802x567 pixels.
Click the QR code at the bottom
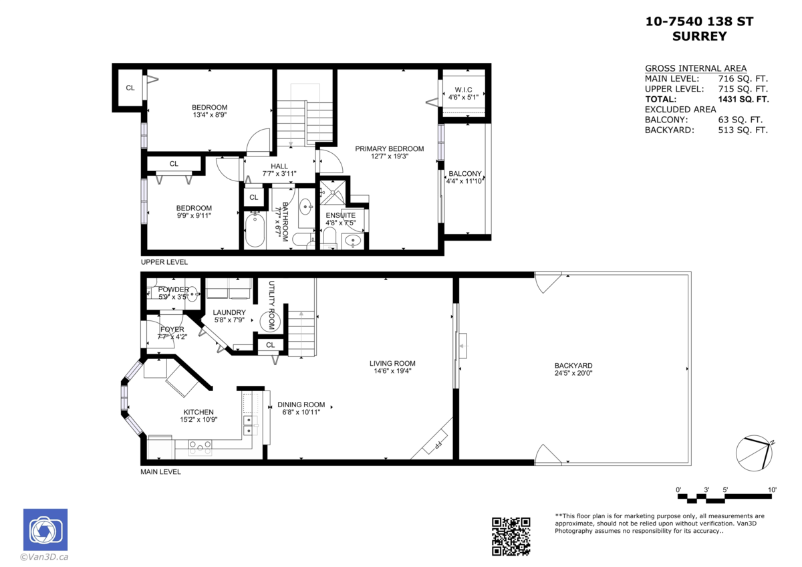click(511, 536)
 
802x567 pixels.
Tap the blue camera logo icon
click(45, 530)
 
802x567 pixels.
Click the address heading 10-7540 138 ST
click(699, 22)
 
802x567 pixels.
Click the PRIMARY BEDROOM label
click(389, 148)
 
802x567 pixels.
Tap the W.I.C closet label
click(464, 90)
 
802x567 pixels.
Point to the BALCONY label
click(464, 174)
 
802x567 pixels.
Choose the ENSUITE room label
click(340, 215)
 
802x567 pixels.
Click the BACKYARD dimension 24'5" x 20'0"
click(573, 374)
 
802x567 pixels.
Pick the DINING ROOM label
click(301, 405)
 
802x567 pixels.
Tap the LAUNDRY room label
click(229, 312)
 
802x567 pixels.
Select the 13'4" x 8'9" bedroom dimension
click(209, 115)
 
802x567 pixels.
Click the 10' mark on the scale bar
click(772, 490)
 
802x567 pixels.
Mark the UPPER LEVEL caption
click(164, 262)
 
